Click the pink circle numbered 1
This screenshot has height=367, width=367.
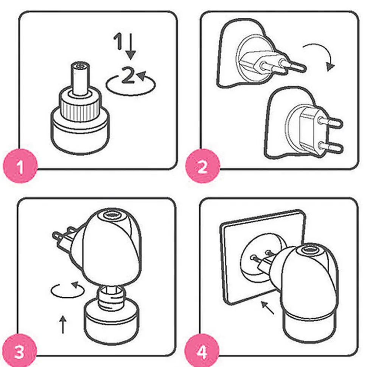tap(20, 166)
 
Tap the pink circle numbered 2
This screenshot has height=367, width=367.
tap(203, 166)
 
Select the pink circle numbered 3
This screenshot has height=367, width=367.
tap(20, 351)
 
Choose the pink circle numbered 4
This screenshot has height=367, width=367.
tap(202, 351)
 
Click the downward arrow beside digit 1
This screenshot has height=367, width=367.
tap(131, 46)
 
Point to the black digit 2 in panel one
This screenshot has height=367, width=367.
tap(128, 75)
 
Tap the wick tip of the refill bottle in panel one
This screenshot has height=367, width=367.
tap(80, 66)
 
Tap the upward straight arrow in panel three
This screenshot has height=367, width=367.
tap(63, 324)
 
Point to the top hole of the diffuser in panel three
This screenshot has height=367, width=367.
tap(112, 214)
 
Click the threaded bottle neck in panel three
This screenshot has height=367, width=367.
tap(111, 296)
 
